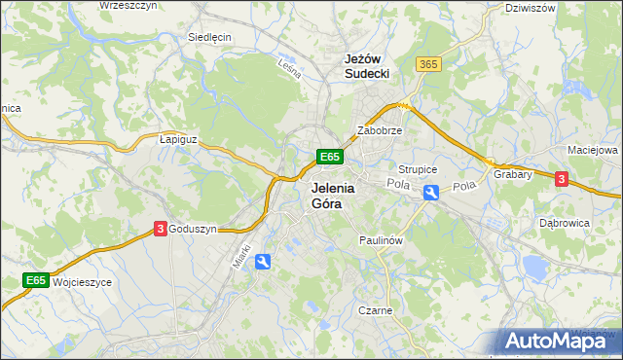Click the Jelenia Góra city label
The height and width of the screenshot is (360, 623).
[x=334, y=197]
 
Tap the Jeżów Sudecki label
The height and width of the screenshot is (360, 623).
[x=368, y=66]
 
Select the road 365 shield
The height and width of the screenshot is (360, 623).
[x=427, y=63]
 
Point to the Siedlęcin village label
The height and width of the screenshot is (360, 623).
[x=209, y=37]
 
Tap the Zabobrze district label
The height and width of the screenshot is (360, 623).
[x=380, y=129]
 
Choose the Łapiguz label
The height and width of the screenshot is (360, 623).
[x=178, y=139]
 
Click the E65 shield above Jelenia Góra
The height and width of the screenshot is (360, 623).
[x=329, y=157]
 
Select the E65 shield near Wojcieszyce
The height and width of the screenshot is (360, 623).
[x=37, y=281]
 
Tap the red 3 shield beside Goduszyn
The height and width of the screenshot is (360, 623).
[x=159, y=229]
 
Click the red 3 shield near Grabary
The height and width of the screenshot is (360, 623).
[x=561, y=178]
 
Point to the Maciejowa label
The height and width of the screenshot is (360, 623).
[x=593, y=151]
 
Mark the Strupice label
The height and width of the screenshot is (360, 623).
[x=419, y=169]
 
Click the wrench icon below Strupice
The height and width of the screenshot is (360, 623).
[x=431, y=194]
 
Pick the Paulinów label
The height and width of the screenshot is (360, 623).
[x=381, y=239]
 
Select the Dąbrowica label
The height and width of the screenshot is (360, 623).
[x=565, y=222]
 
